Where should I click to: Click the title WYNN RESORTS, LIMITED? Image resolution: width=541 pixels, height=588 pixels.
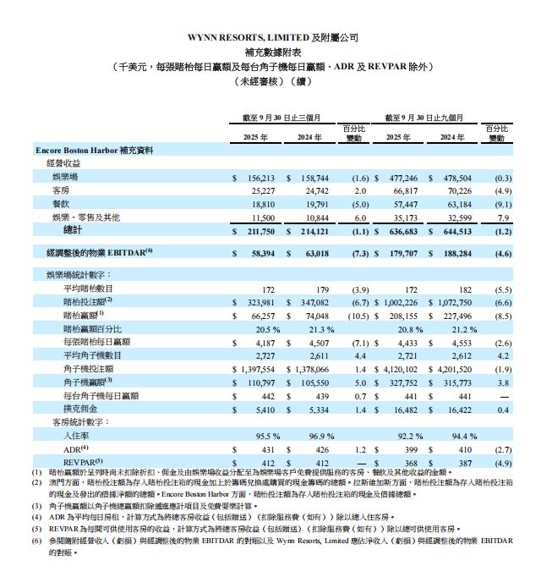click(246, 38)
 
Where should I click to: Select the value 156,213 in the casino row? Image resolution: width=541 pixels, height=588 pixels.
click(260, 179)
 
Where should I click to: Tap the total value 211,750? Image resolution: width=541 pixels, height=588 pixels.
click(260, 229)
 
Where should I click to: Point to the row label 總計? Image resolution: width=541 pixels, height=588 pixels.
click(74, 229)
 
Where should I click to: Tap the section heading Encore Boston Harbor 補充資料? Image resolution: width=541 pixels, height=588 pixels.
click(94, 151)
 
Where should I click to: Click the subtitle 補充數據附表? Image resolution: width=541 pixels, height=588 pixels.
click(270, 52)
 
